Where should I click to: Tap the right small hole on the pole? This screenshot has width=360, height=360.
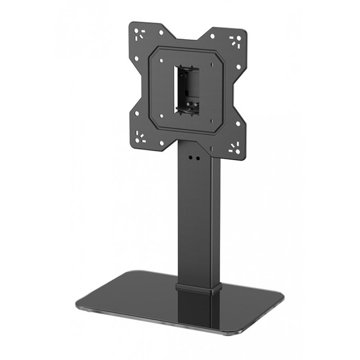(198, 158)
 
